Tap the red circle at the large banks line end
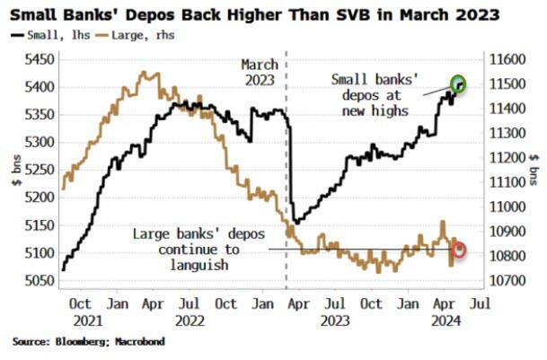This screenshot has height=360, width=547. tap(459, 249)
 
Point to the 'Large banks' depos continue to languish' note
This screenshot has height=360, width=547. tap(199, 249)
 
